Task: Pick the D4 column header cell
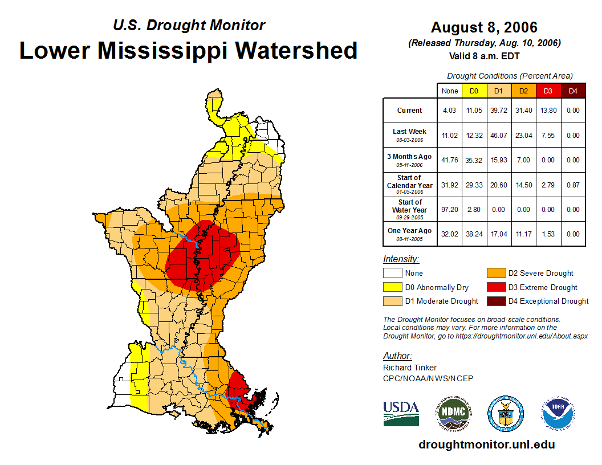coord(573,91)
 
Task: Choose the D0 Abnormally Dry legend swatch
coord(392,287)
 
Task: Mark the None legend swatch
coord(392,274)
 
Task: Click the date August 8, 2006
coord(484,27)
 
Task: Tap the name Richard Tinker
coord(410,368)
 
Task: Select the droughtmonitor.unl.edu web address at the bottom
coord(486,444)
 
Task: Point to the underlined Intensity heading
coord(401,259)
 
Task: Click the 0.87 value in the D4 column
coord(573,185)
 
